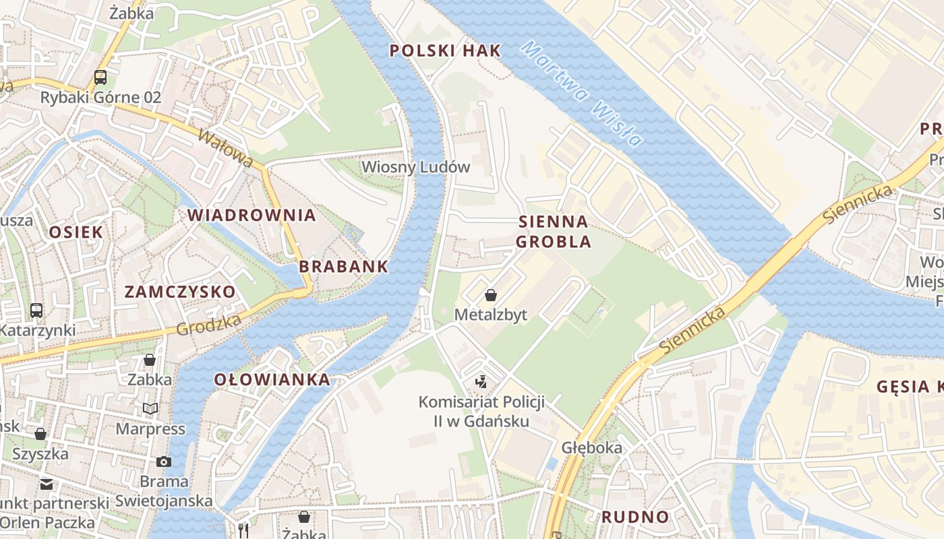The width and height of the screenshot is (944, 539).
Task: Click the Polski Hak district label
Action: tap(446, 51)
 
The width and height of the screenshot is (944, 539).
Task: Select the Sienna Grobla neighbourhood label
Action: tap(554, 231)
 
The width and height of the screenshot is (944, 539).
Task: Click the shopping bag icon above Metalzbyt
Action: tap(491, 295)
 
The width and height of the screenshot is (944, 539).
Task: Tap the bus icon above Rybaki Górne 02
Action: tap(100, 77)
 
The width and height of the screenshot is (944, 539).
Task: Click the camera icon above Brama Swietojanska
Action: tap(163, 462)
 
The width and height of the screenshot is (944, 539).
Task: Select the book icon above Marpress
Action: tap(150, 409)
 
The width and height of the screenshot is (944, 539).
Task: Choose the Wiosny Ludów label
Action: tap(415, 167)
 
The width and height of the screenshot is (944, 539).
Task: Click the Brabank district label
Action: tap(344, 266)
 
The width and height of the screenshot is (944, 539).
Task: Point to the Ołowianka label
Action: tap(272, 379)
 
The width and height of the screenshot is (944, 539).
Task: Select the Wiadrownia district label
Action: tap(252, 215)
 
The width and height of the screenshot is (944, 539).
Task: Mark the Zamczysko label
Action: tap(180, 292)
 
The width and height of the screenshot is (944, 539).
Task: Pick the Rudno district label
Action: tap(635, 517)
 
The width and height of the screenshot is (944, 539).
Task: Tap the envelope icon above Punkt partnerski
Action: tap(46, 484)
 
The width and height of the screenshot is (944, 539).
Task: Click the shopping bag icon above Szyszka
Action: tap(40, 434)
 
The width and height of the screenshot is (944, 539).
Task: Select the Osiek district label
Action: tap(76, 232)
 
